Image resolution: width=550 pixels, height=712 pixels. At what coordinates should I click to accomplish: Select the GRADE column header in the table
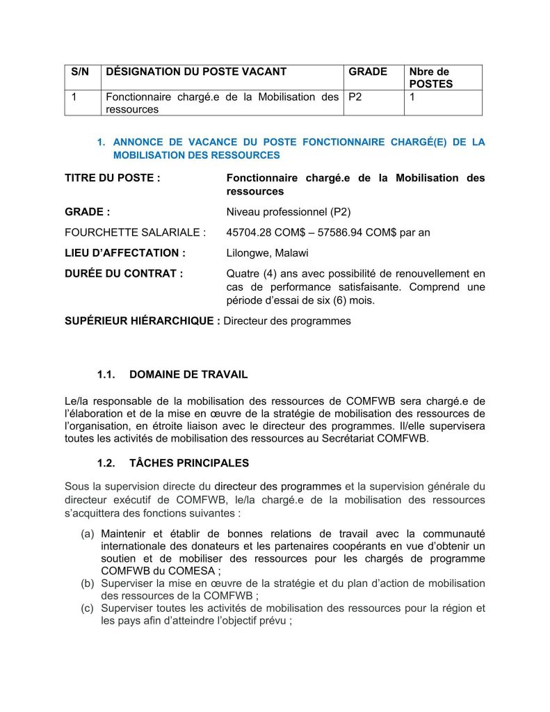pyautogui.click(x=367, y=72)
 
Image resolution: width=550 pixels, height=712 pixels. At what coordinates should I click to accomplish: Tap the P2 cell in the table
pyautogui.click(x=355, y=97)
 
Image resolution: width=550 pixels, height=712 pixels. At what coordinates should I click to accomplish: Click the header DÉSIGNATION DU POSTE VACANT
pyautogui.click(x=195, y=72)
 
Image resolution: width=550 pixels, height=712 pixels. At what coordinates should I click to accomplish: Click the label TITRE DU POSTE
pyautogui.click(x=112, y=178)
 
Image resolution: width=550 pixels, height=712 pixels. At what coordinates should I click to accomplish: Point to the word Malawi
pyautogui.click(x=293, y=253)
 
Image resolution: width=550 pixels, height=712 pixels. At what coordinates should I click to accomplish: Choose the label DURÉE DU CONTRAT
pyautogui.click(x=124, y=273)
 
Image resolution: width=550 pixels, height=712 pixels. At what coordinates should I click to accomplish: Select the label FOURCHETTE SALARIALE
pyautogui.click(x=135, y=232)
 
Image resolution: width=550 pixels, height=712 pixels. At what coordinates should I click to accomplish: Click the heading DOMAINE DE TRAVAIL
pyautogui.click(x=188, y=375)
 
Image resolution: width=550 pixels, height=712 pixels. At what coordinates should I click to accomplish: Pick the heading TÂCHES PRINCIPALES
pyautogui.click(x=189, y=463)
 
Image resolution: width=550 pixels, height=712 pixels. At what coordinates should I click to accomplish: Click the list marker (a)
pyautogui.click(x=88, y=534)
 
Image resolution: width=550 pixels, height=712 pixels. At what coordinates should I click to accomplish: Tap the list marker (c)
pyautogui.click(x=88, y=608)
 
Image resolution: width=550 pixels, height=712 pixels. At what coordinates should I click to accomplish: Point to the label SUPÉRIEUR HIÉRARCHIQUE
pyautogui.click(x=143, y=321)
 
